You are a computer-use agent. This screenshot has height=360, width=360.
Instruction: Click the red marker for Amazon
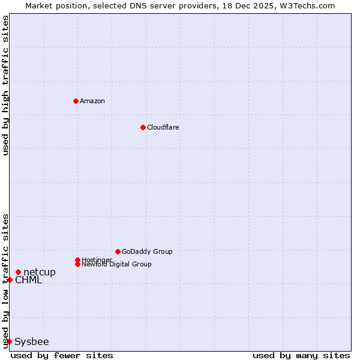pos(76,101)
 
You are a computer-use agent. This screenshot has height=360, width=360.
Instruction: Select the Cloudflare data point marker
pos(143,127)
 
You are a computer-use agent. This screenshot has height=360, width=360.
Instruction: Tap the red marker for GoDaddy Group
pos(118,251)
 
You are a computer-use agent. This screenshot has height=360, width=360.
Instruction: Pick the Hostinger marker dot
pos(77,260)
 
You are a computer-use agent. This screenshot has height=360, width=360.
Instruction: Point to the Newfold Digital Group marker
pos(77,264)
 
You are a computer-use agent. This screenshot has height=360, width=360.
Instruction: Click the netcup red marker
pos(18,272)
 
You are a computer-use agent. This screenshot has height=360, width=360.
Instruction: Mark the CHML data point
pos(10,280)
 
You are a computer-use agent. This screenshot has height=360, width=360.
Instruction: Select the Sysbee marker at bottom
pos(9,341)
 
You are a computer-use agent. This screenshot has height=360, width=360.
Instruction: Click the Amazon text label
pos(92,101)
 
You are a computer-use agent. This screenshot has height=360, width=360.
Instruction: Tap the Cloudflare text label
pos(163,127)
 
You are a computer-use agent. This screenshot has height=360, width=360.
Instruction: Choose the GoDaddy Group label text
pos(147,251)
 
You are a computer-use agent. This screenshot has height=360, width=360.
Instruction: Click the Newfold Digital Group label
pos(117,265)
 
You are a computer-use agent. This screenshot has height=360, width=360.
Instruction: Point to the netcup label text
pos(40,272)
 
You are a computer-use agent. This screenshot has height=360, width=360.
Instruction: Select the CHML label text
pos(29,280)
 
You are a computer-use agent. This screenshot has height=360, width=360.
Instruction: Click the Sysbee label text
pos(32,342)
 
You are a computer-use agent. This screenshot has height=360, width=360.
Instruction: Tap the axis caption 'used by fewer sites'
pos(62,355)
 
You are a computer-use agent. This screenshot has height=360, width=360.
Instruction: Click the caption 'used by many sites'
pos(301,355)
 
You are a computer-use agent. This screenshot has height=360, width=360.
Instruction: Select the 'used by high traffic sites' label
pos(5,85)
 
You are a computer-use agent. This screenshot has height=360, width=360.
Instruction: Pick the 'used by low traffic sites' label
pos(5,281)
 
